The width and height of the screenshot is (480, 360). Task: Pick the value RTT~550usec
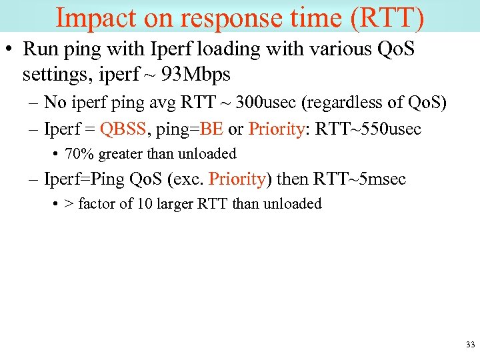point(367,128)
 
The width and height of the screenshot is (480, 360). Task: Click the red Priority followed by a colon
point(276,128)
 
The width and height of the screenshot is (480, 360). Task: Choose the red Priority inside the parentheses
point(237,179)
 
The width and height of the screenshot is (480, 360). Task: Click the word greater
point(119,154)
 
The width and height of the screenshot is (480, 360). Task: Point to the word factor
point(97,204)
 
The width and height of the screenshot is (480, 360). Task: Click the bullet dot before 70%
point(54,154)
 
